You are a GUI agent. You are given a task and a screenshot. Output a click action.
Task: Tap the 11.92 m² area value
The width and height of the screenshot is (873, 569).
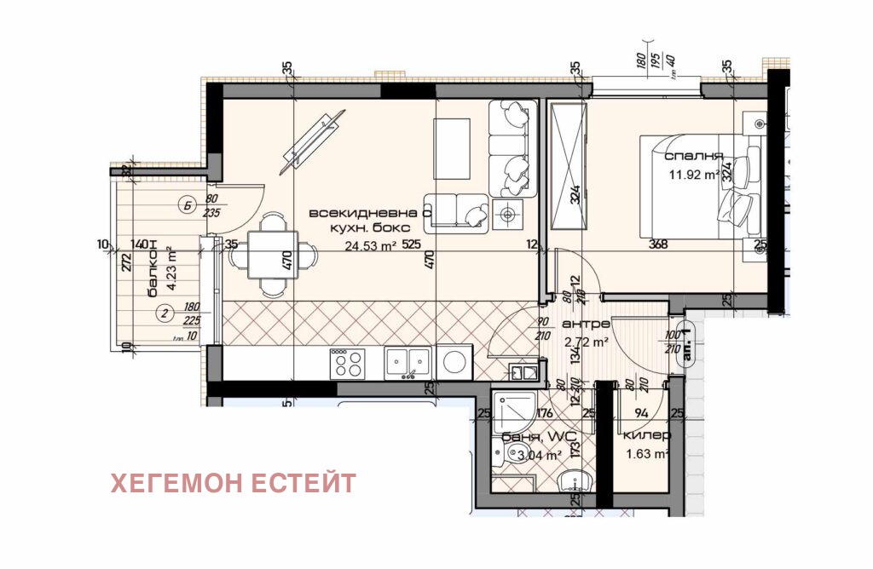click(x=693, y=177)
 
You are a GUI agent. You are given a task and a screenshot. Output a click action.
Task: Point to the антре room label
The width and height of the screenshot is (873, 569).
click(x=586, y=324)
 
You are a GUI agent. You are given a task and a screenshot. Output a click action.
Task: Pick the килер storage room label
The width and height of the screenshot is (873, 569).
click(x=647, y=435)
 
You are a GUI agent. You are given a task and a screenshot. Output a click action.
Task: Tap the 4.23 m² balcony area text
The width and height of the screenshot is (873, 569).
click(x=172, y=269)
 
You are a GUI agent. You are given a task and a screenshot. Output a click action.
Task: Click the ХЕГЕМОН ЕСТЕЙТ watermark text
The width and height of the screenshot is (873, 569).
click(x=233, y=483)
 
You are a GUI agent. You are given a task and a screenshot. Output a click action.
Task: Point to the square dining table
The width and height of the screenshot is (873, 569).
click(x=272, y=255)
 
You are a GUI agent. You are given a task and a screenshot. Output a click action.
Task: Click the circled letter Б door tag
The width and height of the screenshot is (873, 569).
click(x=187, y=204)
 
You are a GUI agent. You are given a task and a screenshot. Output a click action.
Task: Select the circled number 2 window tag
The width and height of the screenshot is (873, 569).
click(x=165, y=313)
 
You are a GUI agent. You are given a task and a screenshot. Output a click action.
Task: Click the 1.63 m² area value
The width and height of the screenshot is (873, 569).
click(x=646, y=453)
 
